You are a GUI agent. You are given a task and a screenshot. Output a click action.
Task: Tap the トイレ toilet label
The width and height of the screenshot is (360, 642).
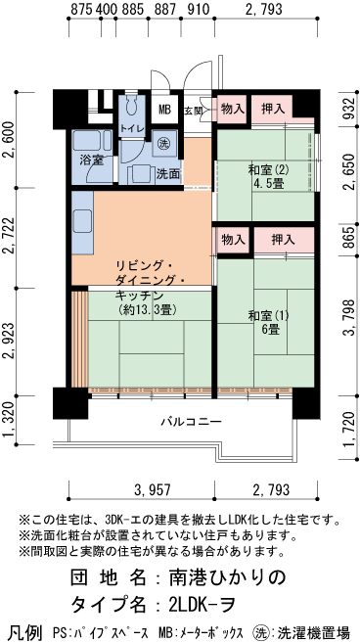pos(130,128)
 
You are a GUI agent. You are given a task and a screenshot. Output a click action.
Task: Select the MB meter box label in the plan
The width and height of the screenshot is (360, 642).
pos(165,110)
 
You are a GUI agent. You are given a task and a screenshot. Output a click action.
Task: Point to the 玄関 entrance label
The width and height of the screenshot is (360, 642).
pos(194,111)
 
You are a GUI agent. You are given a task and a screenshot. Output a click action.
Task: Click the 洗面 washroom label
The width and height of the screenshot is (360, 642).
pos(167,173)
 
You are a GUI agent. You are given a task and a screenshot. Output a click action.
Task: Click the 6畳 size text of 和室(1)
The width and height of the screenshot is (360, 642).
pos(269,329)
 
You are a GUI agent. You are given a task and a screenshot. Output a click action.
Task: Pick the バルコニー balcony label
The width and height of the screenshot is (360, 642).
pos(191,422)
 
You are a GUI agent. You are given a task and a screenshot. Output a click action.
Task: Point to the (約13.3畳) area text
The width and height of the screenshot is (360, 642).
pos(145,310)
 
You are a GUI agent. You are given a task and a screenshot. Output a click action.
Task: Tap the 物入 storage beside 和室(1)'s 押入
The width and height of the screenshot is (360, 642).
pos(232,239)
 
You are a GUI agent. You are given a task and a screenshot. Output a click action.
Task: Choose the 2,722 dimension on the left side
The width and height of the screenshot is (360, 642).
pos(10,236)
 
